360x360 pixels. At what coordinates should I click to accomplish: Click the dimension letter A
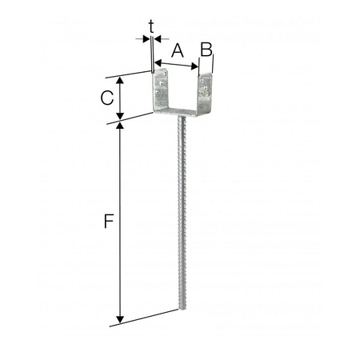tap(178, 50)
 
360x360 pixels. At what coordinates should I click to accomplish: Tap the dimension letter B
tap(206, 50)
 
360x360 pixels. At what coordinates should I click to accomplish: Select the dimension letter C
tap(105, 98)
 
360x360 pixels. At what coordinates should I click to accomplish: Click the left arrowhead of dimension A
tap(158, 62)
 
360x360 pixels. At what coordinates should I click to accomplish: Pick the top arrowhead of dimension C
tap(120, 81)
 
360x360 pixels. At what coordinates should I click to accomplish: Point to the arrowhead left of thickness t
tap(145, 38)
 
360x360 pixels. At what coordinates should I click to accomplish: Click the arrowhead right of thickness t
tap(157, 38)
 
